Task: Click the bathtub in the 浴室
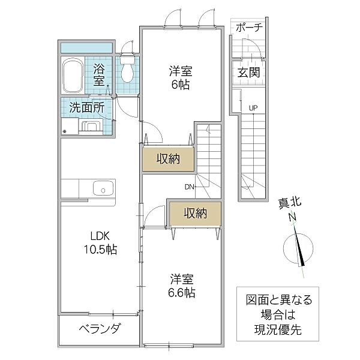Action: click(73, 75)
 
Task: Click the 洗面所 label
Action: click(86, 109)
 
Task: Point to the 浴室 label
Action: click(99, 74)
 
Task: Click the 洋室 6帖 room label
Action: click(178, 77)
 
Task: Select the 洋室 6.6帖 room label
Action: click(181, 286)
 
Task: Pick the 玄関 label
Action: click(247, 73)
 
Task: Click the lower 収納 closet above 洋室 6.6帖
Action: click(194, 212)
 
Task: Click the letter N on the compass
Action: click(292, 217)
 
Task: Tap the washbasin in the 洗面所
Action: click(91, 126)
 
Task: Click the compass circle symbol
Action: click(298, 248)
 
